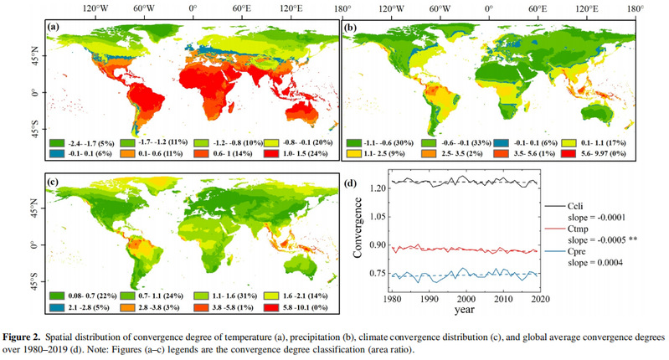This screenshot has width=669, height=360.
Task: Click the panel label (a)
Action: [54, 27]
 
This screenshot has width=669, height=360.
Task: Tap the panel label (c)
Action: [54, 182]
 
